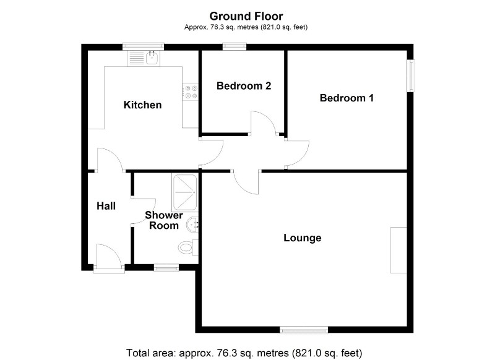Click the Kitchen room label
coord(142,105)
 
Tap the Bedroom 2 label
coord(244,86)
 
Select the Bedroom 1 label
coord(346,98)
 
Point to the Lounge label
coord(302,238)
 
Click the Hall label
coord(106,206)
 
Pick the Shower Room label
coord(164,220)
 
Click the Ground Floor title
coord(246,15)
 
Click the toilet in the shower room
coord(186,247)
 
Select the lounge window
coord(303,329)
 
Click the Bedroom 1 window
coord(410,76)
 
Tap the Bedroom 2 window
coord(235,46)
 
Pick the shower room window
coord(165,267)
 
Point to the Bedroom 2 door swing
coord(263,122)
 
